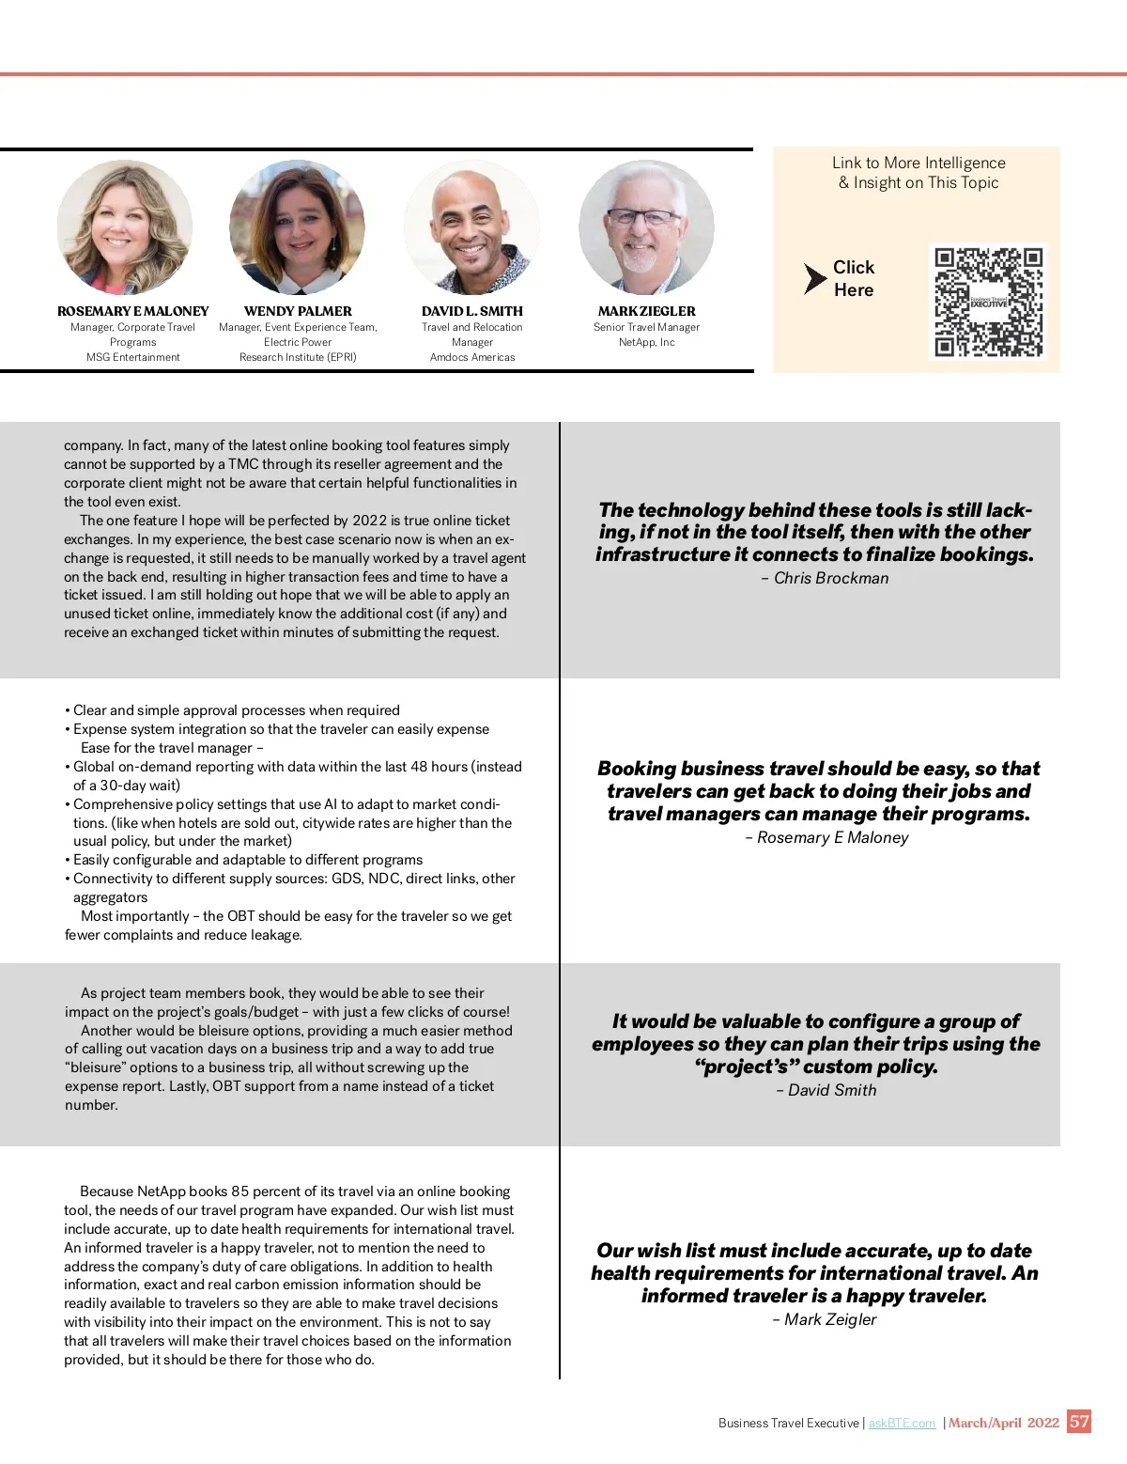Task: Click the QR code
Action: click(x=989, y=303)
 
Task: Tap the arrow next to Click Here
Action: click(x=813, y=279)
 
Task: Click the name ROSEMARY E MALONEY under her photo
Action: click(x=132, y=311)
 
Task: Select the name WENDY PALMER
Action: click(x=298, y=311)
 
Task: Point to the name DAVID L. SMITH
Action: click(x=471, y=311)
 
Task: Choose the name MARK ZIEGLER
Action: click(x=646, y=311)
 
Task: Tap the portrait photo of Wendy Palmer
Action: click(x=298, y=227)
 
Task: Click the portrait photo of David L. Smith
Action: click(x=471, y=227)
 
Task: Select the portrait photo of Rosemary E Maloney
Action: click(x=125, y=227)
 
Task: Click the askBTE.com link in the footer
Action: click(x=902, y=1424)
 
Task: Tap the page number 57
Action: click(x=1079, y=1422)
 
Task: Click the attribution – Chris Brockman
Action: click(x=825, y=579)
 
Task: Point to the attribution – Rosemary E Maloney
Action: click(x=826, y=838)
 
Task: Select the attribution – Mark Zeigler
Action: click(x=824, y=1320)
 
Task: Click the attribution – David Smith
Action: click(x=826, y=1091)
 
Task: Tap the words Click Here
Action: click(x=854, y=279)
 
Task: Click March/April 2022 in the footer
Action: click(x=1003, y=1423)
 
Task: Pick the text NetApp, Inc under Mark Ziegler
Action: click(x=646, y=343)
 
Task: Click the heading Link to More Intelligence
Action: click(x=919, y=163)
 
